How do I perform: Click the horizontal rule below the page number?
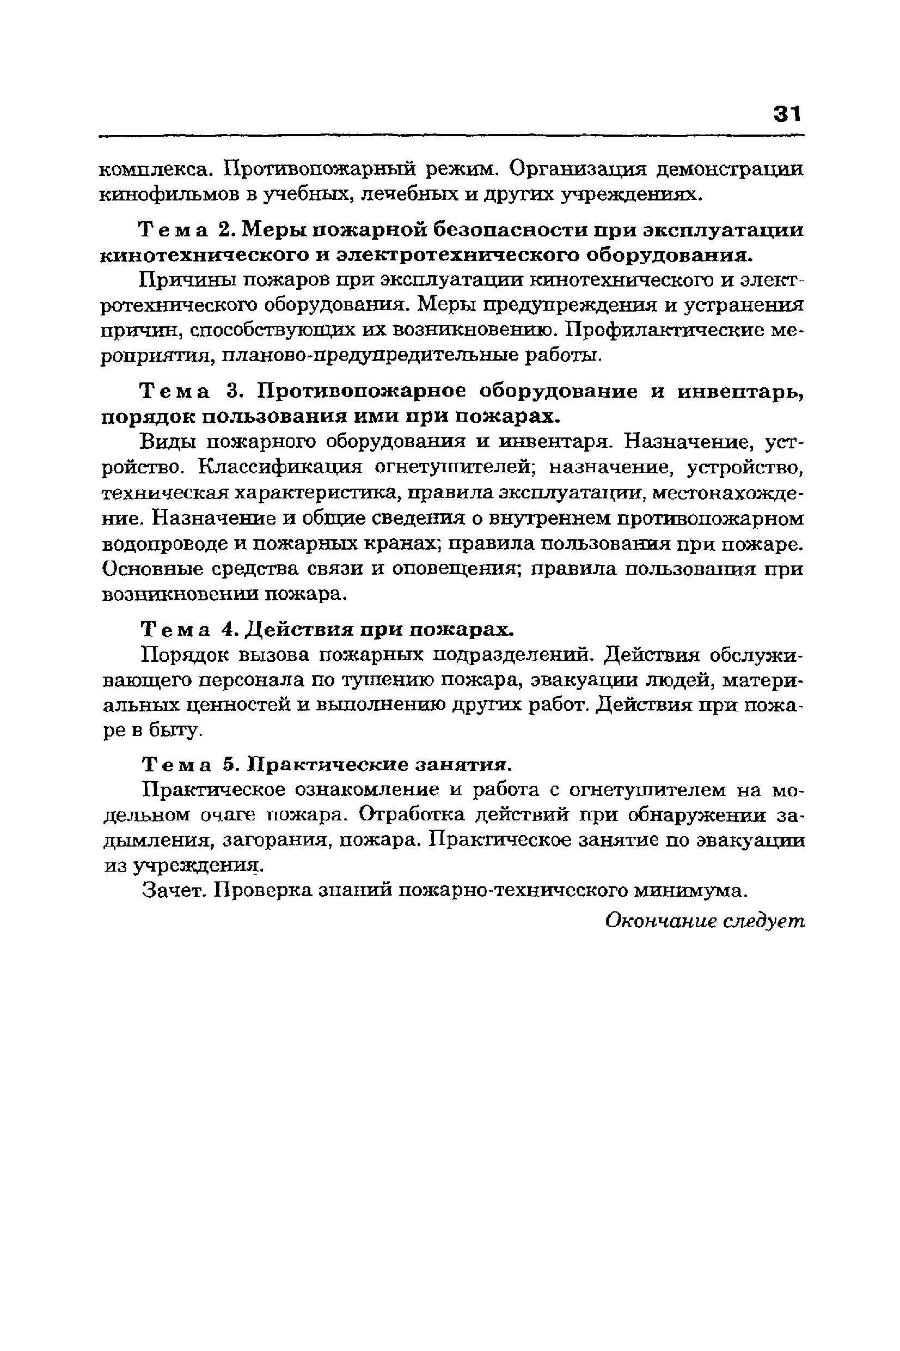click(x=451, y=136)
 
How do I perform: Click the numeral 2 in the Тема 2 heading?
click(x=224, y=230)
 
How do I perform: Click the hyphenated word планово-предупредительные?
click(x=370, y=355)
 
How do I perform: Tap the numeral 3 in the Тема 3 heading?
click(x=232, y=392)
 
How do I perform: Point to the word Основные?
click(x=151, y=568)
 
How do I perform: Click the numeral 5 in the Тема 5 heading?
click(x=229, y=765)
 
